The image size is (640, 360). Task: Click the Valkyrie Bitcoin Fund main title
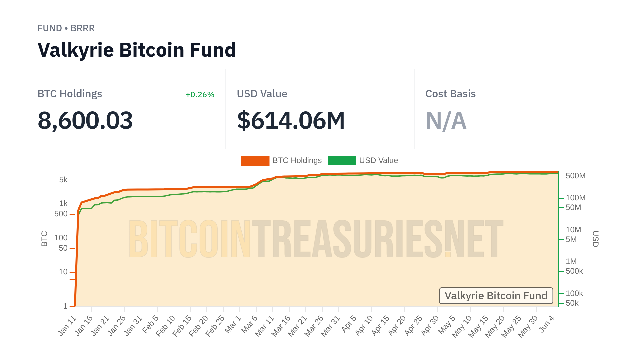[x=137, y=50]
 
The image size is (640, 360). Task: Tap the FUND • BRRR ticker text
[x=66, y=28]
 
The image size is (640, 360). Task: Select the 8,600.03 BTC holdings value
[x=85, y=120]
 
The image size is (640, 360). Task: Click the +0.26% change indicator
[x=200, y=95]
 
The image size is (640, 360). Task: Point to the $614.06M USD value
[x=291, y=120]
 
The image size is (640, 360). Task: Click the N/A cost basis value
[x=446, y=120]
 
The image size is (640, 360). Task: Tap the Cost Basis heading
[x=450, y=94]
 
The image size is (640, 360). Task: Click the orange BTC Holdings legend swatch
[x=255, y=161]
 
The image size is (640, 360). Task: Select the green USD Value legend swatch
[x=342, y=161]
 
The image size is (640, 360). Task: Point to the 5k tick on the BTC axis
[x=63, y=180]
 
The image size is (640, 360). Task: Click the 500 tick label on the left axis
[x=61, y=214]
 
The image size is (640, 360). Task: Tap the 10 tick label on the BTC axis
[x=63, y=272]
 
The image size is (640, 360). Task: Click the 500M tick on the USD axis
[x=575, y=176]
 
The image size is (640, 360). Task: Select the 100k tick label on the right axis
[x=574, y=294]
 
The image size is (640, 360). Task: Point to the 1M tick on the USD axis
[x=571, y=262]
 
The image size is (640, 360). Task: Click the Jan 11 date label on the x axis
[x=68, y=326]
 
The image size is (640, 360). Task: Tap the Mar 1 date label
[x=233, y=324]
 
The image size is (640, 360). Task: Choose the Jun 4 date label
[x=547, y=324]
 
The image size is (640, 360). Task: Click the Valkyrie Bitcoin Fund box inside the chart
[x=496, y=296]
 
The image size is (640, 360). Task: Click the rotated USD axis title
[x=595, y=239]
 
